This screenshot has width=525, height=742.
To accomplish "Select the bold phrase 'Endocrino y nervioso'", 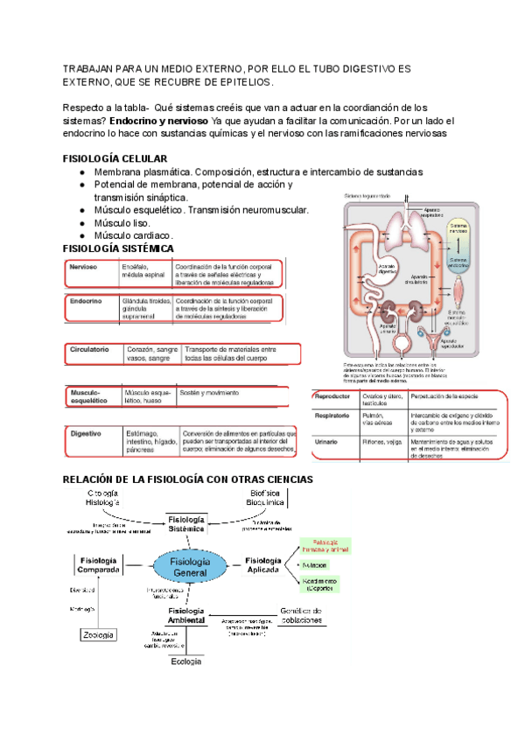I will click(x=158, y=120).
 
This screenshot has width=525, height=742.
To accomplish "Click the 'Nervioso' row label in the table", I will click(x=83, y=267).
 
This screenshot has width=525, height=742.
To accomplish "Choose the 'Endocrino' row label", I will click(x=86, y=301).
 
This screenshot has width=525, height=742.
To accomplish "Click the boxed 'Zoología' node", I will click(x=98, y=634).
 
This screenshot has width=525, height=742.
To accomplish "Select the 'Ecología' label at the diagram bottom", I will click(x=186, y=661).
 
